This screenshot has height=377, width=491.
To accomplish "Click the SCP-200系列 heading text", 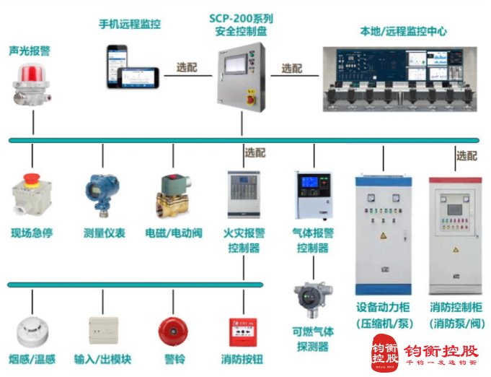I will (241, 17).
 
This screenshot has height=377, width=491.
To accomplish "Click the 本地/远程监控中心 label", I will (404, 31).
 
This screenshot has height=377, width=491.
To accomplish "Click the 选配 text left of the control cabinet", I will (187, 67).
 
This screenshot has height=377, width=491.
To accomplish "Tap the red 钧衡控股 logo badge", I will (385, 352).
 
